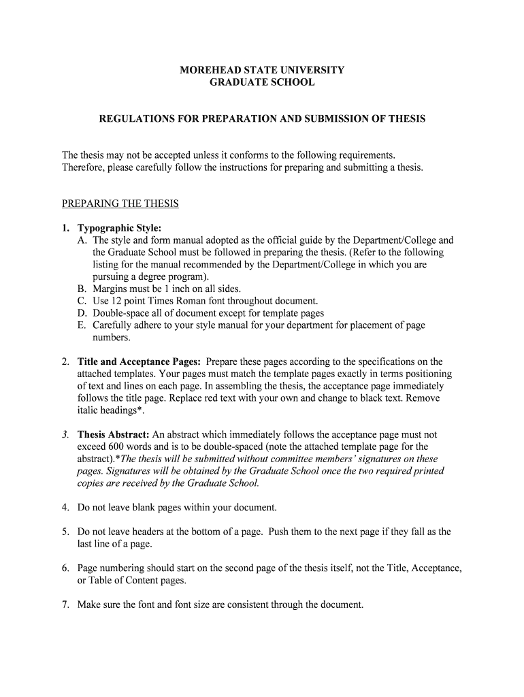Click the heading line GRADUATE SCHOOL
(262, 82)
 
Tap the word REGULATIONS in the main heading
(132, 118)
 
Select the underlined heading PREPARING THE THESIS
(120, 204)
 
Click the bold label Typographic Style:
(119, 228)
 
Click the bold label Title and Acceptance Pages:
(139, 361)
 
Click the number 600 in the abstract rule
(117, 447)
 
